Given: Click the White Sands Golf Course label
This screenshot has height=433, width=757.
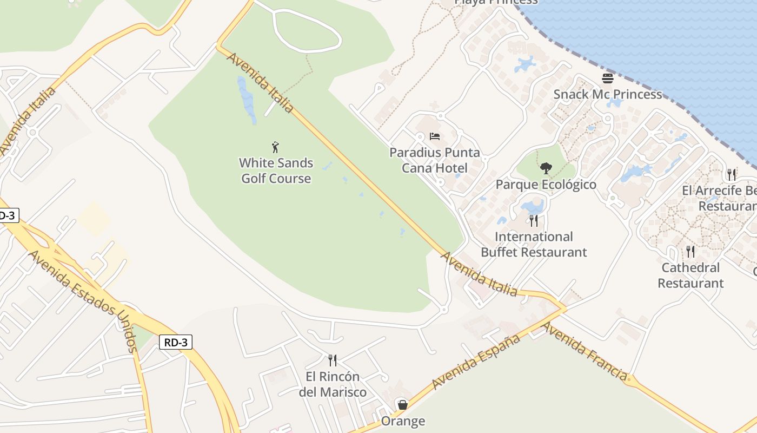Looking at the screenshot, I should coord(276,170).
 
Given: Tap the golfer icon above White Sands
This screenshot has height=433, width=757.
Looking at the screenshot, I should coord(276,147).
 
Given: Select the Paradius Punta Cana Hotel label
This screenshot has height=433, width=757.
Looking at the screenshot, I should coord(435,160).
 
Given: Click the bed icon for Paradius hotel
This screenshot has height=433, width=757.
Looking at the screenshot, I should coord(435,136).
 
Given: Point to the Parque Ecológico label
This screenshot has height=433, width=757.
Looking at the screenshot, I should coord(546,185).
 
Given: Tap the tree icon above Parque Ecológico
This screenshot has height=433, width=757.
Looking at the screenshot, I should coord(546,168).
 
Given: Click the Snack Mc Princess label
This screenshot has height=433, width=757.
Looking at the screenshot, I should coord(607,94).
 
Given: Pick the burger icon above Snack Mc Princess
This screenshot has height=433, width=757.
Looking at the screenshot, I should coord(608,78).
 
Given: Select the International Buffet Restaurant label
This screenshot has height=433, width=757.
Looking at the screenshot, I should coord(534,244).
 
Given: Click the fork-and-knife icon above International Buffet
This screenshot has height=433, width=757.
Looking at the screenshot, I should coord(534,220).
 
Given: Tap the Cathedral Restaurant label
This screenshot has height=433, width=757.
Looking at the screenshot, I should coord(690,275).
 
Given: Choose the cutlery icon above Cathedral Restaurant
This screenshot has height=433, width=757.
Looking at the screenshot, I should coord(690,251).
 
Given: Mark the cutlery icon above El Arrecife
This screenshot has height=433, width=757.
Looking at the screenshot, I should coord(732,174).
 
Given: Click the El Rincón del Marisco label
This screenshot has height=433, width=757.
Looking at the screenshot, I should coord(333,384).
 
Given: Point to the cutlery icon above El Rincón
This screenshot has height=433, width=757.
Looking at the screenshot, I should coord(333,360).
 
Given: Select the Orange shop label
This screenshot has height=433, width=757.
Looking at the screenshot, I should coord(403,421).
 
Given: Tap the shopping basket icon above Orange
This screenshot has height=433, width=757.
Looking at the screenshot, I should coord(402,405).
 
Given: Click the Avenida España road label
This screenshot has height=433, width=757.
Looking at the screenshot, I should coord(476,361).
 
